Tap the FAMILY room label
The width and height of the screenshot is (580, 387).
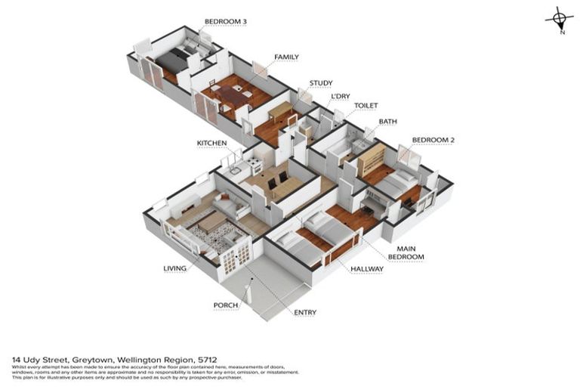[286, 57]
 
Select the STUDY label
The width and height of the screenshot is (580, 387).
[320, 83]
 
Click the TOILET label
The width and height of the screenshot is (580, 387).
[366, 106]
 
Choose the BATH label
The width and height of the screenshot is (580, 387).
[387, 121]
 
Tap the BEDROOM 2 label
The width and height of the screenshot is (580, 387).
[433, 140]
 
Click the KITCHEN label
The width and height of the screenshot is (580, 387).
[211, 143]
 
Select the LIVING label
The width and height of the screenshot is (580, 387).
[174, 268]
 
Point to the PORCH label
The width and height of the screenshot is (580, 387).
[226, 305]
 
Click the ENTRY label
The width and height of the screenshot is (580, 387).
[305, 312]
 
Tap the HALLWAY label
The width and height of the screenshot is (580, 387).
[366, 268]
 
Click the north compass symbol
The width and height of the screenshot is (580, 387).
[558, 19]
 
